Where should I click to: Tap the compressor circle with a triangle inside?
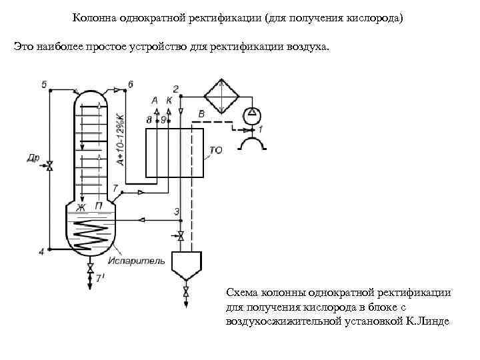252,115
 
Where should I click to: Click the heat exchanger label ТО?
215,151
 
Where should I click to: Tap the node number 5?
44,85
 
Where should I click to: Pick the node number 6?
130,85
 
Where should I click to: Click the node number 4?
41,251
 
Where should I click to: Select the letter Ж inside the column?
81,207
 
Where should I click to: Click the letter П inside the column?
98,207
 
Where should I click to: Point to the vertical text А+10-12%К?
119,139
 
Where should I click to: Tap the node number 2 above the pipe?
175,89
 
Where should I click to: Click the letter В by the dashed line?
201,115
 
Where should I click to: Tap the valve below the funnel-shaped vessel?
185,291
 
